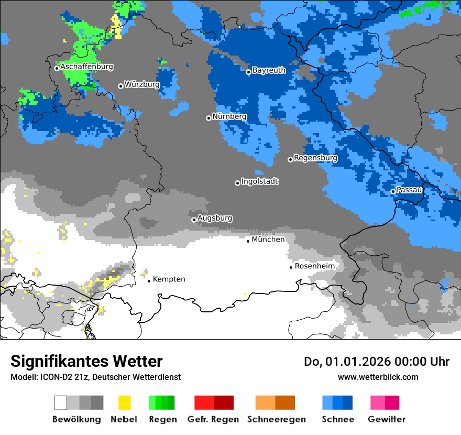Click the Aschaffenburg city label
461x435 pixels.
point(86,67)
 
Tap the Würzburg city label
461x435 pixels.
point(142,84)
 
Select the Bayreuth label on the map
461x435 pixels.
point(269,70)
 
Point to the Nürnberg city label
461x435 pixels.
point(229,116)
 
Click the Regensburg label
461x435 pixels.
point(315,158)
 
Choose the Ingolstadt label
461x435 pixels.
point(260,181)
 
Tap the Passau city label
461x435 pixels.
point(409,190)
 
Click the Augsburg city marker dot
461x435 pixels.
point(194,220)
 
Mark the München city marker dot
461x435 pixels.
point(248,241)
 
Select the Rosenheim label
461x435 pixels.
point(314,266)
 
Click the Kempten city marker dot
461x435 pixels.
point(149,281)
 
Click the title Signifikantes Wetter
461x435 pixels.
point(86,362)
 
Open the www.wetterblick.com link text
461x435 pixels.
point(378,377)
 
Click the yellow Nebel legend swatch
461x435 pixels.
point(124,403)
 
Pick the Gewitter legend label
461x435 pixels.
point(386,419)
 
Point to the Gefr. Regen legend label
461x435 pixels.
point(213,419)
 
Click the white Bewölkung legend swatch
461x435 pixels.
point(61,403)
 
